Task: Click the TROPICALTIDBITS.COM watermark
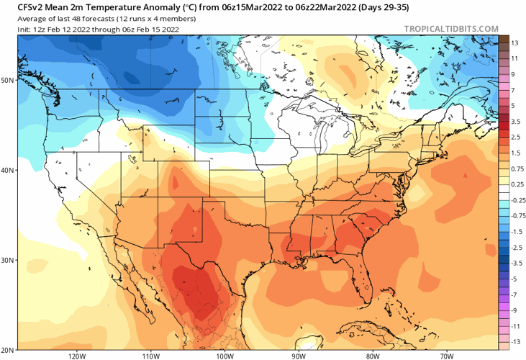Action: pos(451,29)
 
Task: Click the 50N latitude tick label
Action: pos(8,80)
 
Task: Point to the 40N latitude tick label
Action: pos(8,171)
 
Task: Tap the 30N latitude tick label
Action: pos(8,260)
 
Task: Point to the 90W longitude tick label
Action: pos(299,355)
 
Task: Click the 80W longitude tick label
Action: pos(372,355)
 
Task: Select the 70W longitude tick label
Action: pos(446,355)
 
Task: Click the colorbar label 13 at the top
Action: pos(514,43)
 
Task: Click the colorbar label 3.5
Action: pos(516,122)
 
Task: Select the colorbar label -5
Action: pos(514,278)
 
